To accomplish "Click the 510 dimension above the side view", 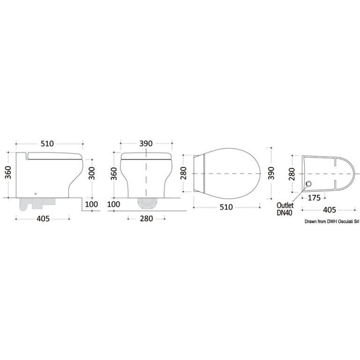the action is point(47,143).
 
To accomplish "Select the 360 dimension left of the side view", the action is point(8,172).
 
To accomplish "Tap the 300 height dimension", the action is point(91,173).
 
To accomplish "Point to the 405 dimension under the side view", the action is point(43,218).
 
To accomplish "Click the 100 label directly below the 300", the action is point(91,204).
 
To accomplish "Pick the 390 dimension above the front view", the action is point(146,143).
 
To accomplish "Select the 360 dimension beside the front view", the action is point(114,174).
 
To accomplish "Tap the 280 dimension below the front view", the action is point(146,218).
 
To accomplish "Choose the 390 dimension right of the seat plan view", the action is point(271,173).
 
